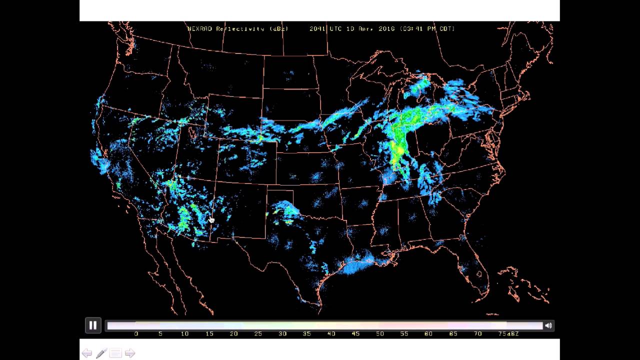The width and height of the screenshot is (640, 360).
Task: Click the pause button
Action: [93, 325]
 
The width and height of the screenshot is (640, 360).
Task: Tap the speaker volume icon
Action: [548, 325]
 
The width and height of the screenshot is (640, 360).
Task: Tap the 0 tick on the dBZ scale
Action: [136, 333]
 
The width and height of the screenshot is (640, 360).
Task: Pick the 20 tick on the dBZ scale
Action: [233, 333]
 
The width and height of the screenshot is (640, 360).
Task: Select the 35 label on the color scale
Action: [307, 333]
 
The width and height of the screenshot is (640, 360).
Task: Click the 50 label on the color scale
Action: [380, 333]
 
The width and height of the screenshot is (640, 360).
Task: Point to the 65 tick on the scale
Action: [453, 333]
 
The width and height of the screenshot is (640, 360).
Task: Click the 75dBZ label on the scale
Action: [508, 333]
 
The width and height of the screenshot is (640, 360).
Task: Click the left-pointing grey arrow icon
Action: [87, 353]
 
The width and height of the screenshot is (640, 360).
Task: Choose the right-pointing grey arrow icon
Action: [130, 353]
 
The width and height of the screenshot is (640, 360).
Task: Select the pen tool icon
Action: [101, 353]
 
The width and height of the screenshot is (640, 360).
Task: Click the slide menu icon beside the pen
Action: [115, 353]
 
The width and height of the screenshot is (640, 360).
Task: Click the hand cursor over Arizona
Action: [211, 219]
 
